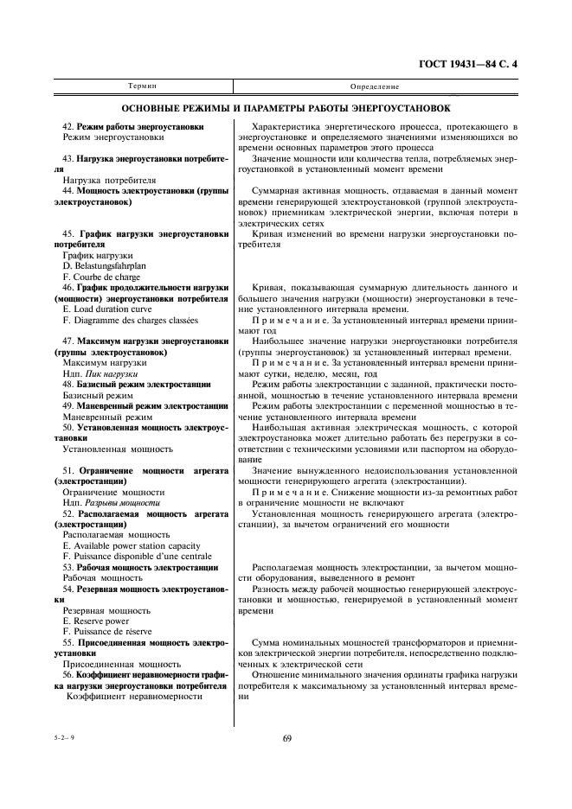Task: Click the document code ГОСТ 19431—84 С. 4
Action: (x=479, y=64)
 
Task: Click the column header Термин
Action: (x=143, y=87)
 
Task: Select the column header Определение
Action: (x=375, y=87)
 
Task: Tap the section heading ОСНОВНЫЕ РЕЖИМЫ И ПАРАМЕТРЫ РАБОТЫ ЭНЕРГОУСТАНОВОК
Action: (x=286, y=110)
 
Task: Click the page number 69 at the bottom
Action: (x=286, y=737)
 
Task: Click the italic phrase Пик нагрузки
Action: (x=122, y=373)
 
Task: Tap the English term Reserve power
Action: (x=96, y=620)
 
